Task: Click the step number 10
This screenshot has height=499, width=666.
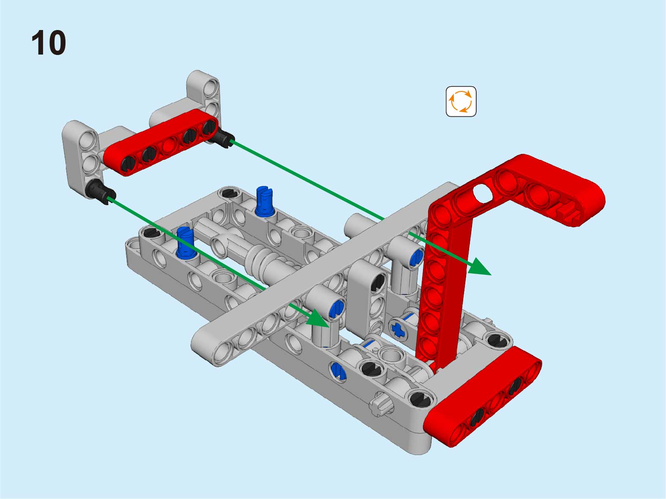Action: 49,42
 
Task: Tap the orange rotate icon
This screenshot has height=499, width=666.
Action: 461,101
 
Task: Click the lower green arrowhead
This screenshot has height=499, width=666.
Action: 317,319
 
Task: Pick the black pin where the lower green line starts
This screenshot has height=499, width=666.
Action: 100,192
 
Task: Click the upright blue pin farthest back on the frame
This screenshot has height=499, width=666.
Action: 265,201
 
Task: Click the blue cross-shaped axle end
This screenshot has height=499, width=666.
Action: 398,330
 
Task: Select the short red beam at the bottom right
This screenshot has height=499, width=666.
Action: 483,396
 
